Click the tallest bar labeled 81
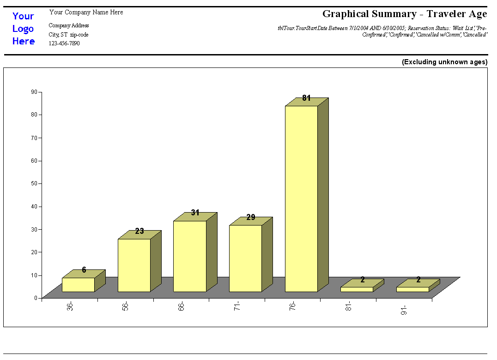click(x=301, y=199)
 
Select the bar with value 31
click(x=189, y=256)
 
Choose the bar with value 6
click(x=78, y=285)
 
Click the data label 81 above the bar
click(x=306, y=98)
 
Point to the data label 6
click(x=84, y=270)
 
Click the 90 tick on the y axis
click(x=34, y=92)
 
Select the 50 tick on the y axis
click(x=34, y=183)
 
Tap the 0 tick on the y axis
click(x=35, y=298)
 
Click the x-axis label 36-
click(x=70, y=306)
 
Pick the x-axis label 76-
click(x=293, y=306)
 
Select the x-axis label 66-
click(x=181, y=306)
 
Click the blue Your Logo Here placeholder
click(x=24, y=29)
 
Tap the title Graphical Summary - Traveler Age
click(x=405, y=14)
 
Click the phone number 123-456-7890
click(x=64, y=43)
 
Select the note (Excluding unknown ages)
click(x=444, y=62)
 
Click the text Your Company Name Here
click(x=86, y=12)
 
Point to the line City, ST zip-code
click(x=68, y=35)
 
